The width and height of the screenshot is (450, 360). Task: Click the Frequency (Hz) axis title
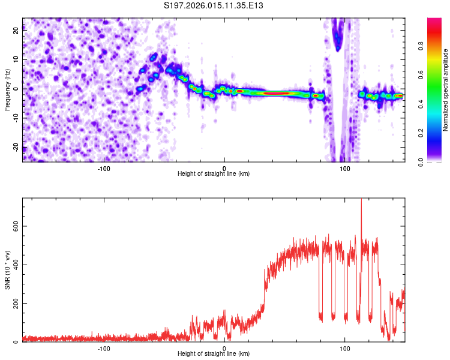pos(7,90)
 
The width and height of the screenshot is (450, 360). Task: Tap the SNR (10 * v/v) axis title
pos(7,269)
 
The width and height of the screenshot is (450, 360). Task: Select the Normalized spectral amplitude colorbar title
pos(446,90)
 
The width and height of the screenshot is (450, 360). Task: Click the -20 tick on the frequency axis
pos(15,148)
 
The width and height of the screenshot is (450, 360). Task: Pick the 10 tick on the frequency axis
pos(16,60)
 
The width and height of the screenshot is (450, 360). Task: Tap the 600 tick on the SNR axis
pos(14,226)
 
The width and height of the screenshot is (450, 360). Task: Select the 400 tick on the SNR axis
pos(14,265)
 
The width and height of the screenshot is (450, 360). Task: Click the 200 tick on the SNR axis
pos(14,304)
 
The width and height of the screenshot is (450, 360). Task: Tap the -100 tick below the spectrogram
pos(104,168)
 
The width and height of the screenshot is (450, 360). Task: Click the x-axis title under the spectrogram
pos(214,174)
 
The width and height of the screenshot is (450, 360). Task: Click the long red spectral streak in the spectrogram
pos(276,93)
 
